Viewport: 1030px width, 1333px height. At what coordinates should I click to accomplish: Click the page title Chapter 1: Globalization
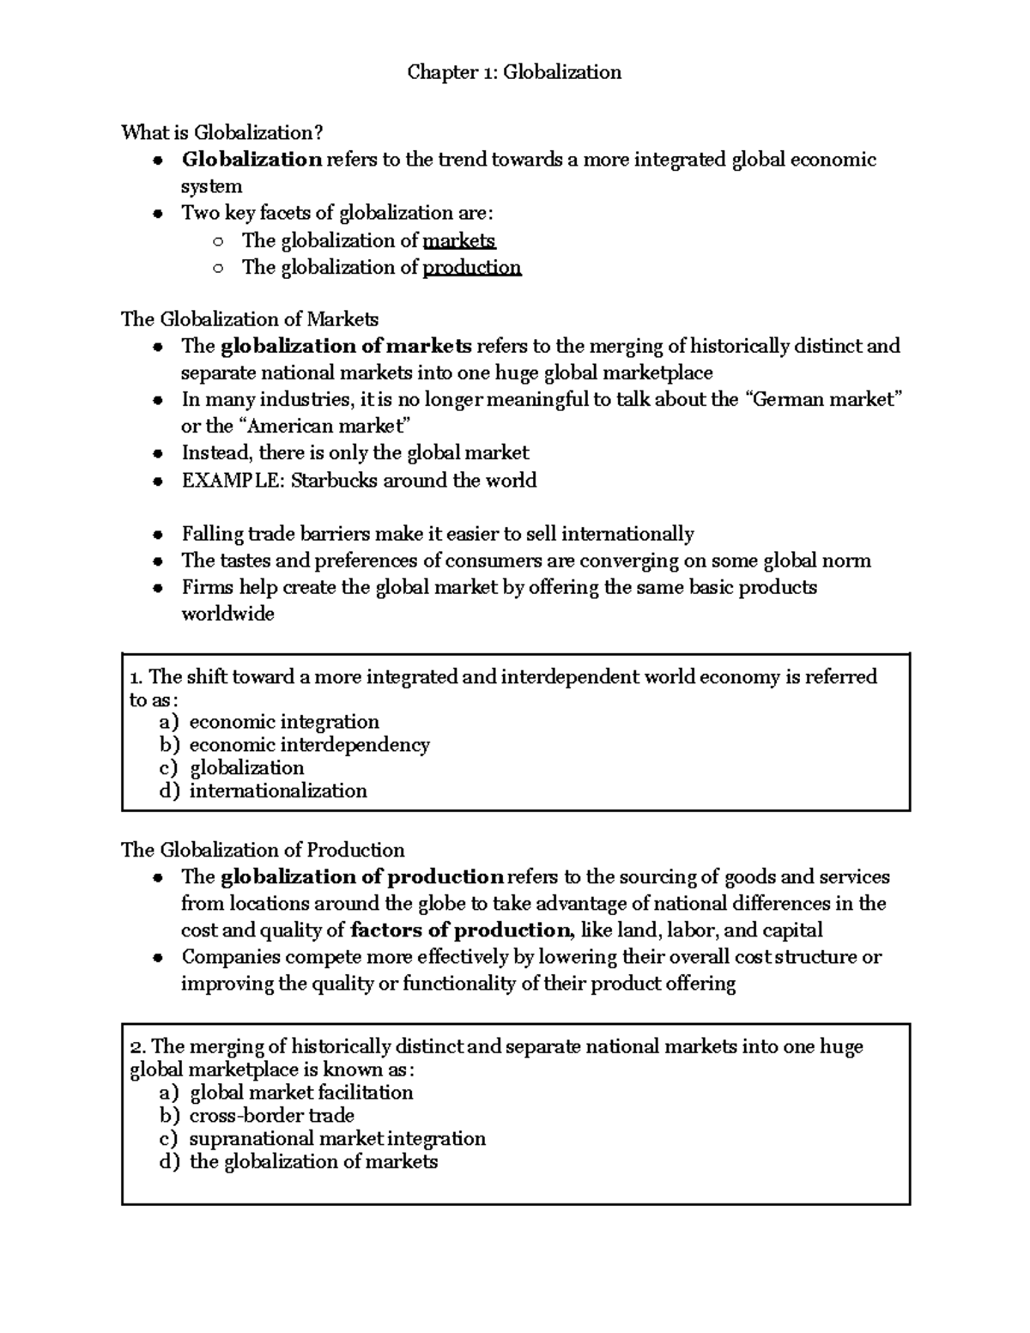pos(514,72)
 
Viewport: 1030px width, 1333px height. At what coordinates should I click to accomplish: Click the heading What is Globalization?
pos(222,132)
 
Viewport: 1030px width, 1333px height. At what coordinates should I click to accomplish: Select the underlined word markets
pos(459,240)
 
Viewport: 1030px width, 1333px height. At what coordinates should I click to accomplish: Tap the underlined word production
pos(471,267)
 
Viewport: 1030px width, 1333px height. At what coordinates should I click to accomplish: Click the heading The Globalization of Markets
pos(249,319)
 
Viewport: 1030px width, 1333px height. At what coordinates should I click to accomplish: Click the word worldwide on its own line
pos(227,614)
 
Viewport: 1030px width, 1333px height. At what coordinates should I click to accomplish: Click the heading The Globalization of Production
pos(263,850)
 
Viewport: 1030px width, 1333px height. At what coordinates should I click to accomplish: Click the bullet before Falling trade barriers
pos(157,535)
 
